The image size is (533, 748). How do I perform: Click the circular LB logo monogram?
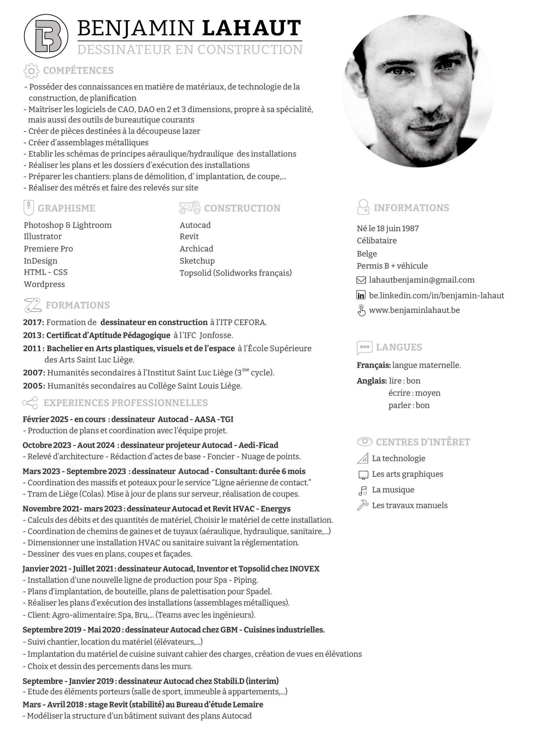tap(46, 36)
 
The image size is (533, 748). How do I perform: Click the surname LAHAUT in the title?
tap(252, 28)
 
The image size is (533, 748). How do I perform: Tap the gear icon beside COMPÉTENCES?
tap(31, 71)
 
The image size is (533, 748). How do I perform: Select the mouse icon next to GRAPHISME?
tap(29, 207)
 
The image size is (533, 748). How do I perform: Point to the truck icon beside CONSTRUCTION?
tap(190, 207)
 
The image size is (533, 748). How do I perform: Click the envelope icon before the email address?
tap(361, 280)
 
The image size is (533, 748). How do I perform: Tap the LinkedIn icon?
tap(361, 295)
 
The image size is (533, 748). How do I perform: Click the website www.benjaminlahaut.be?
tap(414, 310)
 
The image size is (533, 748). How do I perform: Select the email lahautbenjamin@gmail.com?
tap(422, 280)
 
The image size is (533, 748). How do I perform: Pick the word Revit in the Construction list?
tap(189, 236)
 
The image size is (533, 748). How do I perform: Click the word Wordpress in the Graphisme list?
tap(44, 284)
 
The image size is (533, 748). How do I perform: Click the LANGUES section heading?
tap(399, 347)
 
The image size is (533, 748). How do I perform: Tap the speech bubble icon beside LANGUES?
tap(364, 347)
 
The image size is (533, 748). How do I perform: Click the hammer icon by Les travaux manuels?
tap(362, 506)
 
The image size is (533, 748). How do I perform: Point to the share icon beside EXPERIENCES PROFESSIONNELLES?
tap(30, 403)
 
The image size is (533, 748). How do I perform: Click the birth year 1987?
tap(410, 228)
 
